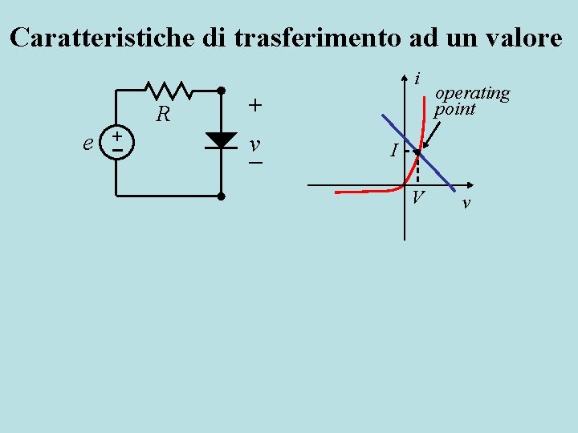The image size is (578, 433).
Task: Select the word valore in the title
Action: (x=519, y=38)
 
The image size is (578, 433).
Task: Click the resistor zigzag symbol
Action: (x=167, y=89)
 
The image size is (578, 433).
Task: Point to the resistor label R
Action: (x=163, y=115)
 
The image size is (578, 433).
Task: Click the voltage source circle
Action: (x=117, y=141)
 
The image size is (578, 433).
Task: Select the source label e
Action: (x=88, y=143)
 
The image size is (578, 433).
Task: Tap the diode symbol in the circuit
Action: (x=220, y=140)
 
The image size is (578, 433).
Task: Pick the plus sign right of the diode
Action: (x=254, y=105)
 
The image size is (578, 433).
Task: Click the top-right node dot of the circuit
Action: (x=221, y=89)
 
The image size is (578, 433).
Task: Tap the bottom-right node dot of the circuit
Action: (x=221, y=196)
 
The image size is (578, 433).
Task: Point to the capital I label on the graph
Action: (x=393, y=150)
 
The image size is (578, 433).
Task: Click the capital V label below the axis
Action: (x=418, y=198)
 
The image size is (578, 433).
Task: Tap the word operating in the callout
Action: (x=472, y=93)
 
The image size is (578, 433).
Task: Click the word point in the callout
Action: (x=454, y=109)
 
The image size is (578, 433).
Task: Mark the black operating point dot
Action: (x=417, y=151)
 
